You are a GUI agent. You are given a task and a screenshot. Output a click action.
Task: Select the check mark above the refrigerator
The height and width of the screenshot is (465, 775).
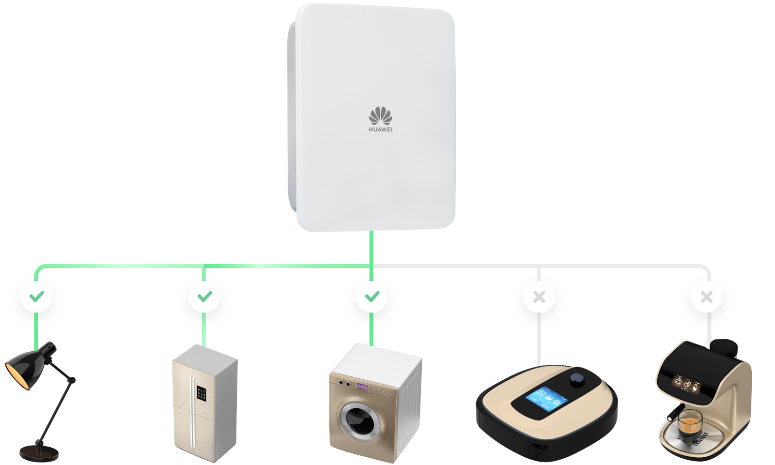pyautogui.click(x=204, y=296)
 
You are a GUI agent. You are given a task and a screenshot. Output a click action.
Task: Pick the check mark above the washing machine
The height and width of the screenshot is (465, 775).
pyautogui.click(x=372, y=296)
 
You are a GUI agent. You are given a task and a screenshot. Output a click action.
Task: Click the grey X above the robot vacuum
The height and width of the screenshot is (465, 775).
pyautogui.click(x=539, y=296)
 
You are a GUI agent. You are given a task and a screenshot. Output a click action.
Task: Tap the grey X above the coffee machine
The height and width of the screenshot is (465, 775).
pyautogui.click(x=707, y=296)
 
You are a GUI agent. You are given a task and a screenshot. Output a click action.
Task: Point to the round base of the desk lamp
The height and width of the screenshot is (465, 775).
pyautogui.click(x=39, y=454)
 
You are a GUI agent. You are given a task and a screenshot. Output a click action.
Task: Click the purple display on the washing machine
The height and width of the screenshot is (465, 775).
pyautogui.click(x=363, y=387)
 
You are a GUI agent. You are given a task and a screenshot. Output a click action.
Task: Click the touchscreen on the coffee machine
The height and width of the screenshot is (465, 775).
pyautogui.click(x=684, y=383)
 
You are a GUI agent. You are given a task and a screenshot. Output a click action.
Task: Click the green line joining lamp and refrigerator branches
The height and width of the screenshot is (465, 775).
pyautogui.click(x=121, y=266)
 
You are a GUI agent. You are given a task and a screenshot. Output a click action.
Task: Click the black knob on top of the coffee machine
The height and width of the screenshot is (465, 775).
pyautogui.click(x=724, y=346)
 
